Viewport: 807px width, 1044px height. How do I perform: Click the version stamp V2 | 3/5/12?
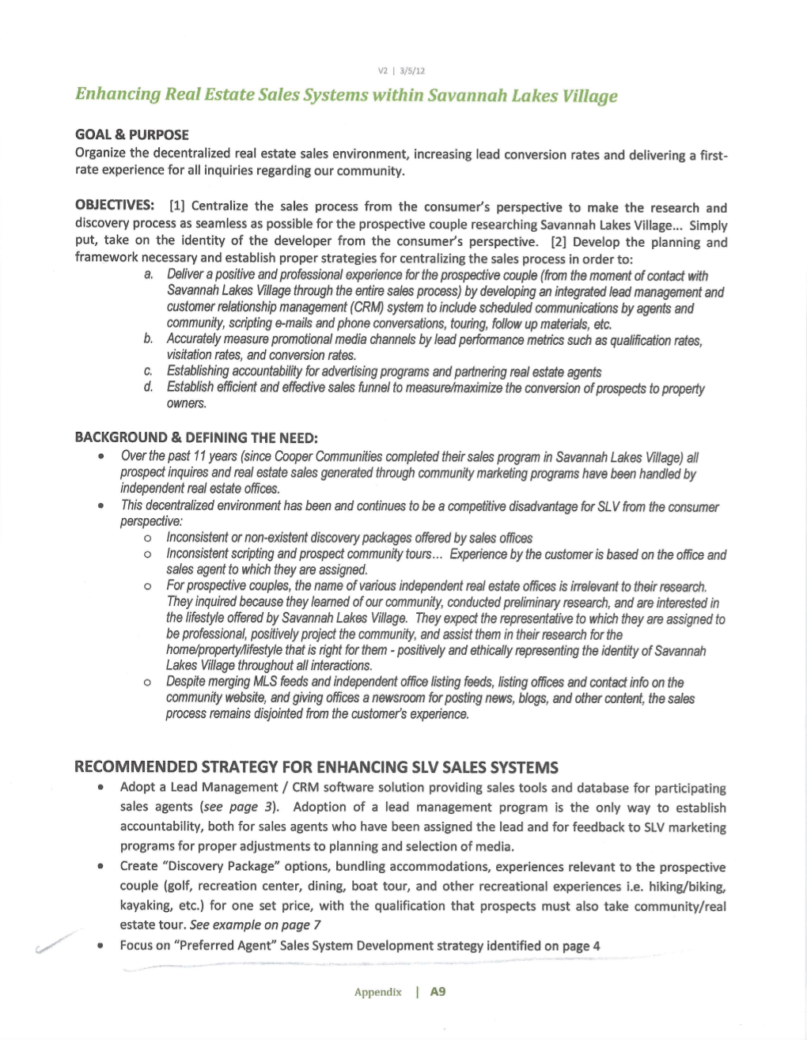(401, 71)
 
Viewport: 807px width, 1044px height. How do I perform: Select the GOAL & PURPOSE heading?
(132, 134)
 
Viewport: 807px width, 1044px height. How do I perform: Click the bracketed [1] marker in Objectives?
(176, 206)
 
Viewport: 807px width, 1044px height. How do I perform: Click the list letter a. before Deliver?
(149, 274)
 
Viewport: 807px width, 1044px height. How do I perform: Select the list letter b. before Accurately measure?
(149, 339)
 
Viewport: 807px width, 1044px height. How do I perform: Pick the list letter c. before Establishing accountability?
(149, 371)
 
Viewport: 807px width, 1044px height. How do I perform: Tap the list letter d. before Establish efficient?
(149, 387)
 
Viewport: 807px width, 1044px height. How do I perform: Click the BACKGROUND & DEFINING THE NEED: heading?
(196, 437)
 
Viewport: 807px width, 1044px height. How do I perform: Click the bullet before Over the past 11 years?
(100, 457)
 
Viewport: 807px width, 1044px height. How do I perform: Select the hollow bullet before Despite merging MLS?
(148, 683)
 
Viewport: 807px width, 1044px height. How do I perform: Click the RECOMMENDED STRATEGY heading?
(316, 767)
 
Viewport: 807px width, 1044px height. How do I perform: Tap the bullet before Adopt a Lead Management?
(100, 788)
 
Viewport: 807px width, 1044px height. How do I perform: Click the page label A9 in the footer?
(438, 992)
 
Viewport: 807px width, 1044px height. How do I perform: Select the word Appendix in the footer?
(378, 993)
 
